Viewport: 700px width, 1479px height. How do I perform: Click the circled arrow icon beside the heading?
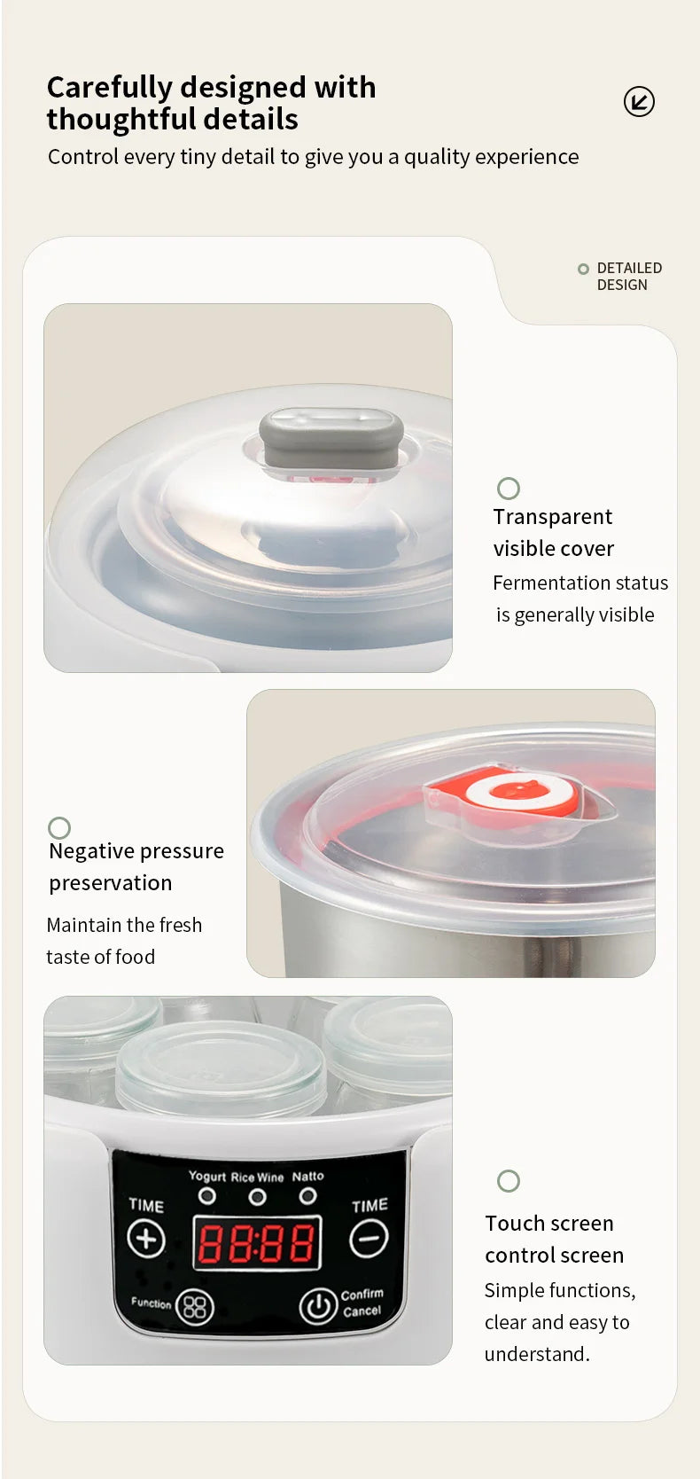point(639,102)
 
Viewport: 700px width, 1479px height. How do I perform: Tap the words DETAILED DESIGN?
point(628,277)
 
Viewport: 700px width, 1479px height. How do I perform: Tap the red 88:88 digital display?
point(256,1243)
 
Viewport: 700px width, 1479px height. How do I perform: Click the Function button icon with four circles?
point(195,1306)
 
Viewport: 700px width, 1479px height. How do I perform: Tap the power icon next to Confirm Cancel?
point(317,1305)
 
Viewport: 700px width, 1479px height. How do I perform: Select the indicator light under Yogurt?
point(207,1196)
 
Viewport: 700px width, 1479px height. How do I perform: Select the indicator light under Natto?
point(307,1196)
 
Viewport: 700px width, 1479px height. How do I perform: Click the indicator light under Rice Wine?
point(257,1197)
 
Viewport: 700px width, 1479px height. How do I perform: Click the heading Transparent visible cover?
point(553,533)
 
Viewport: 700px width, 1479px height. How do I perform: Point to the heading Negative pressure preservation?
point(136,867)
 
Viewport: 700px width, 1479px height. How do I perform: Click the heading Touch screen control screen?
point(554,1240)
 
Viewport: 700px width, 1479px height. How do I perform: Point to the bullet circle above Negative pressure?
point(59,828)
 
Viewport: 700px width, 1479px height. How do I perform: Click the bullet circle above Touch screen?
point(509,1181)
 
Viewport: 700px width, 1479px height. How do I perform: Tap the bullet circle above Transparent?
point(509,489)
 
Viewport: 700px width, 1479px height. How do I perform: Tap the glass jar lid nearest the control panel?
point(222,1064)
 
